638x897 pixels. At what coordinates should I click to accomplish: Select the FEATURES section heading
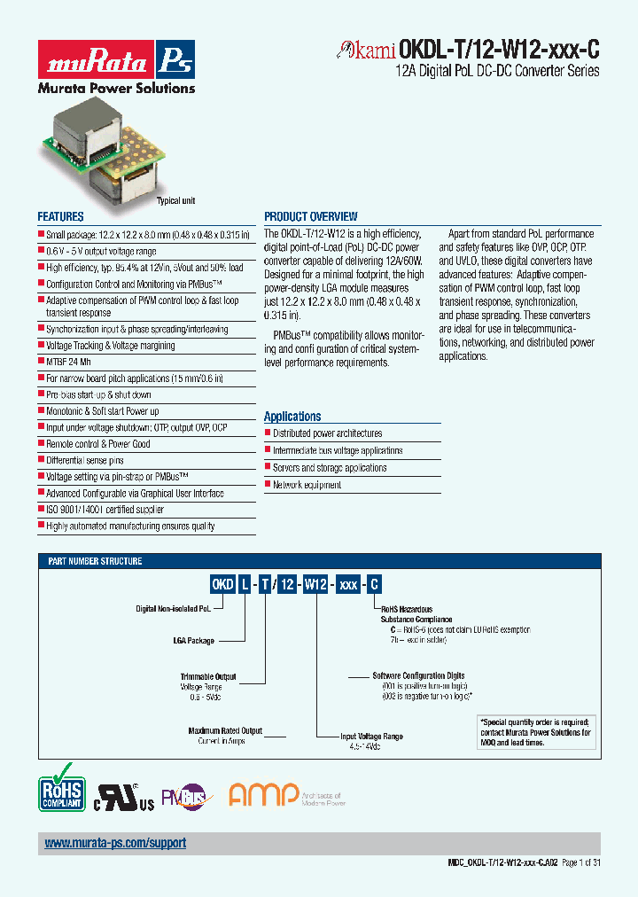pyautogui.click(x=60, y=216)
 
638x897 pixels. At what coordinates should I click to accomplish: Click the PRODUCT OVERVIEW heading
pyautogui.click(x=311, y=216)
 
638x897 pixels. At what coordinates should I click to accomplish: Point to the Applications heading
pyautogui.click(x=292, y=417)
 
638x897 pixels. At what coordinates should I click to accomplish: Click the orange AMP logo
pyautogui.click(x=262, y=794)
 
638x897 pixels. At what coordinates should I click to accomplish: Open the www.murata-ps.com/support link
pyautogui.click(x=115, y=844)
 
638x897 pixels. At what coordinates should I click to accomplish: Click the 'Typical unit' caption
pyautogui.click(x=175, y=201)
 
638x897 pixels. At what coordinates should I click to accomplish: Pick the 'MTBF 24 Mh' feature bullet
pyautogui.click(x=68, y=362)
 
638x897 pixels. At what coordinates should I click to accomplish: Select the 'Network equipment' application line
pyautogui.click(x=307, y=485)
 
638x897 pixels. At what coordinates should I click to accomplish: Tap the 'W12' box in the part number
pyautogui.click(x=316, y=584)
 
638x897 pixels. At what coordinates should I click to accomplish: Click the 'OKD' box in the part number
pyautogui.click(x=222, y=584)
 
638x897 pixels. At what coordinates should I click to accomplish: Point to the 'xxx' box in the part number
pyautogui.click(x=349, y=584)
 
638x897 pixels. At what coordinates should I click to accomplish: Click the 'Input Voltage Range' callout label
pyautogui.click(x=372, y=737)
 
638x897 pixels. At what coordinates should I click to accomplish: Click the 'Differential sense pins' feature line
pyautogui.click(x=85, y=460)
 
